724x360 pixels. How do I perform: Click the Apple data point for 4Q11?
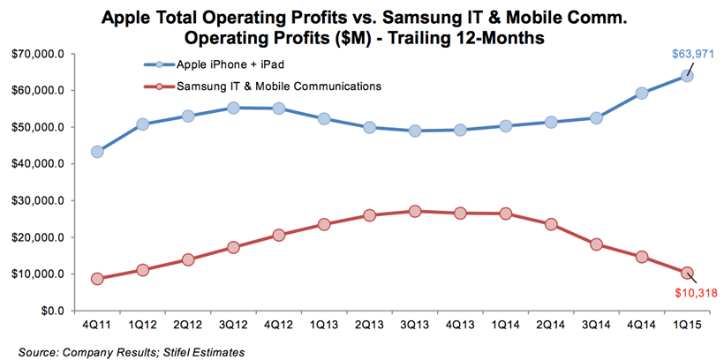(97, 151)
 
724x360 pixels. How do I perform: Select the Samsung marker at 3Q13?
(415, 211)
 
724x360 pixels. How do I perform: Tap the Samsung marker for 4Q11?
(97, 279)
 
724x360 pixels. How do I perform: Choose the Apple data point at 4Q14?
(642, 93)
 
